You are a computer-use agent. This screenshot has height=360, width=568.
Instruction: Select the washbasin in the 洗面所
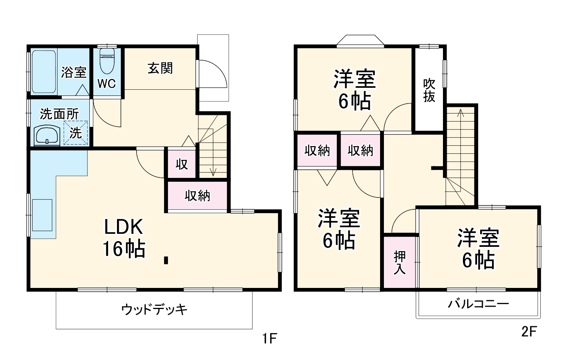[47, 136]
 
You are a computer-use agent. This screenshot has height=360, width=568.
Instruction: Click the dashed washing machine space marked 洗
[76, 133]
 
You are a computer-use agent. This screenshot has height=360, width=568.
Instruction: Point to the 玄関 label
[160, 68]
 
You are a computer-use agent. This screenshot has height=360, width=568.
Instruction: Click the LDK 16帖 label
[123, 238]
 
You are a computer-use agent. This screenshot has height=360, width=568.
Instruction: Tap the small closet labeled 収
[181, 164]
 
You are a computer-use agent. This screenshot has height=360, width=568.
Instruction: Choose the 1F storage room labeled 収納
[197, 196]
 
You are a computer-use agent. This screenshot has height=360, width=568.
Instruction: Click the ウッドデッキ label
[154, 309]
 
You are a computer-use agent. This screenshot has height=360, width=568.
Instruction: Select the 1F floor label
[270, 338]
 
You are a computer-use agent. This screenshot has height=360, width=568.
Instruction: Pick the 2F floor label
[528, 332]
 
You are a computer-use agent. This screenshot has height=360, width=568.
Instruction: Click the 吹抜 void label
[429, 90]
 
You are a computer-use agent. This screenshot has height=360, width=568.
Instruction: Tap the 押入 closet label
[400, 262]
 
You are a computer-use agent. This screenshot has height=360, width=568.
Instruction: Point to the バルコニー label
[479, 304]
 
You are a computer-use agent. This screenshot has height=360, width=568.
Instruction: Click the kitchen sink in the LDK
[42, 215]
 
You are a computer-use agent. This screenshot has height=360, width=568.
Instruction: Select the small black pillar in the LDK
[166, 260]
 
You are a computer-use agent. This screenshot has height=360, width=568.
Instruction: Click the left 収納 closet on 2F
[317, 151]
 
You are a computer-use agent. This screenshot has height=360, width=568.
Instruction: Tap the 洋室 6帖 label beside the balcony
[478, 249]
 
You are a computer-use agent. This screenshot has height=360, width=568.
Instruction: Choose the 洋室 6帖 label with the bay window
[354, 90]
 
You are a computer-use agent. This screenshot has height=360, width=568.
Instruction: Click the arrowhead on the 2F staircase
[461, 112]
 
